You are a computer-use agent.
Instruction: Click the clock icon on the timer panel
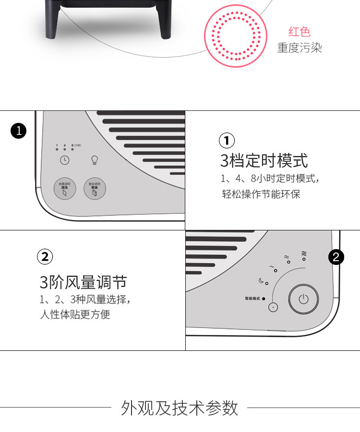pos(64,160)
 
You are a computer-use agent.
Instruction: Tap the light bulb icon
pos(95,160)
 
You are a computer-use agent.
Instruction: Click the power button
pos(303,300)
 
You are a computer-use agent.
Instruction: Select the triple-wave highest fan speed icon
pos(304,253)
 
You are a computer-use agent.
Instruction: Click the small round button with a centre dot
pos(274,307)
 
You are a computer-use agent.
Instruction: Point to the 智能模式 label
pos(252,299)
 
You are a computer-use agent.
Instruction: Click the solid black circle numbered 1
pos(18,131)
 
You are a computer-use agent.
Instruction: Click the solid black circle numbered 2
pos(336,257)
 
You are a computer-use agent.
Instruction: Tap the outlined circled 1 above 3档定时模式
pos(227,141)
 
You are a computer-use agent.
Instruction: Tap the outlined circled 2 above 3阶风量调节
pos(45,257)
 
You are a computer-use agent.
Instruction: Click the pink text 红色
pos(300,32)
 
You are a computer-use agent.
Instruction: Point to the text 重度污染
pos(300,48)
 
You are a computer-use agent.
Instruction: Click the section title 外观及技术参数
pos(180,408)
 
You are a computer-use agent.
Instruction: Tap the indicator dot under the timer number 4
pos(65,149)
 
